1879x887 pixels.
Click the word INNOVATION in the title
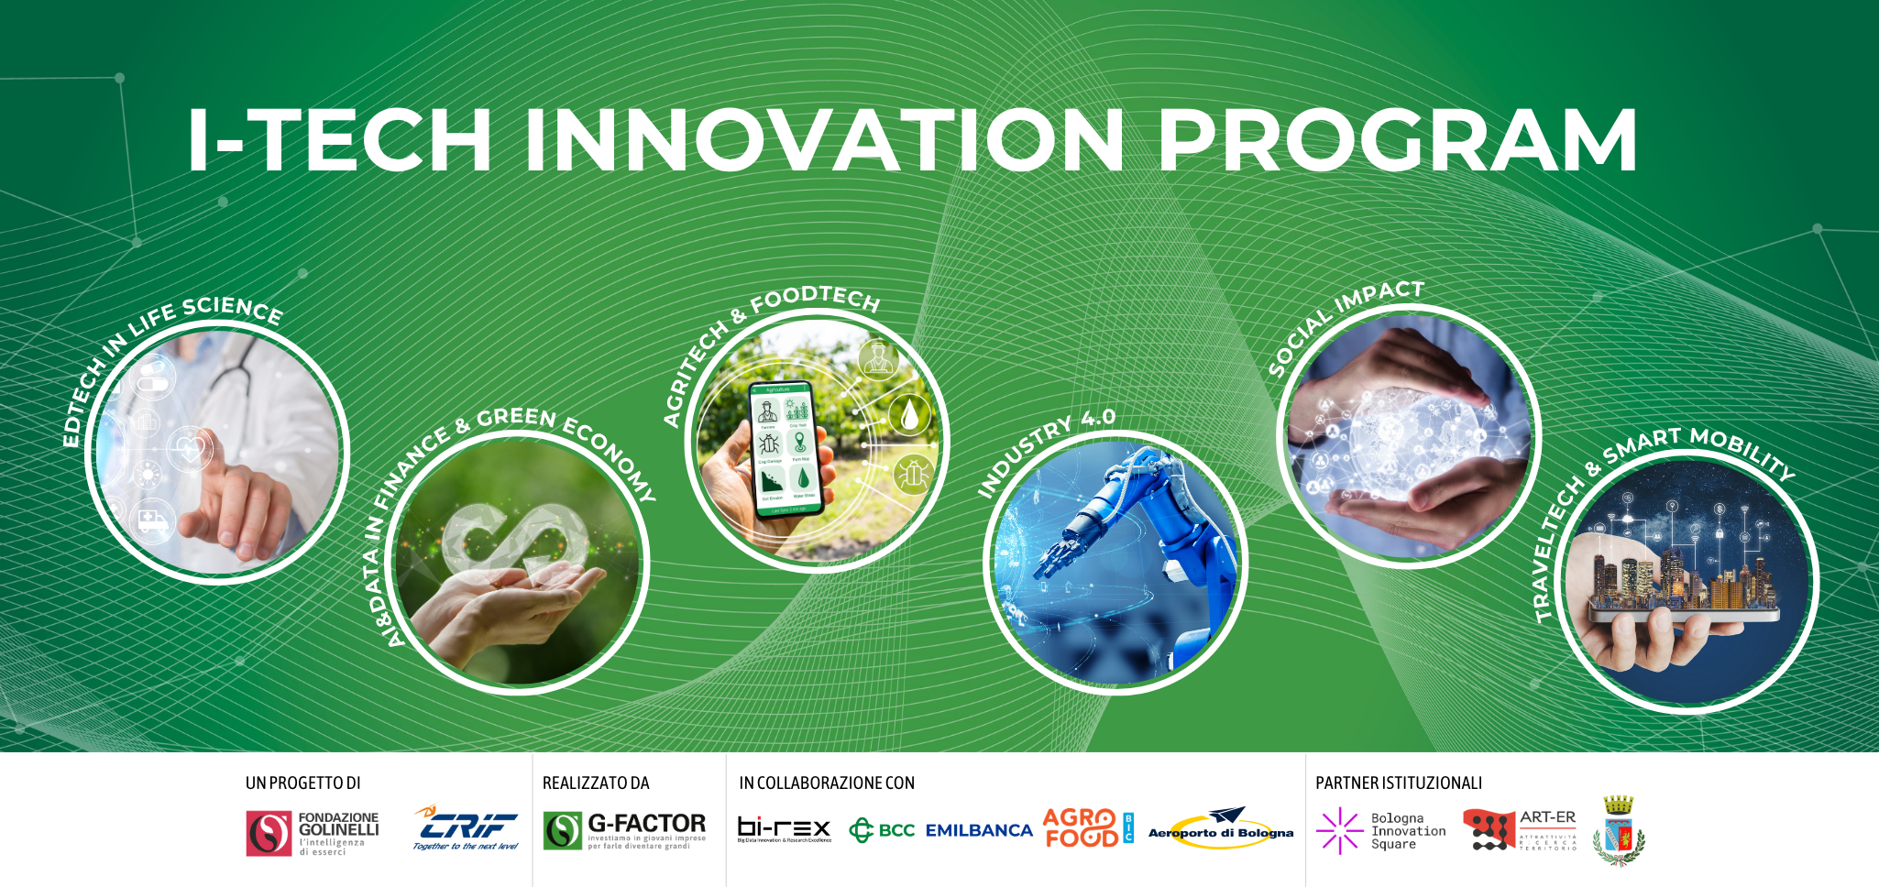(823, 139)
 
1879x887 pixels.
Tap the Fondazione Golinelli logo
(312, 832)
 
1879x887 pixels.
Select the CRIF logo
(466, 827)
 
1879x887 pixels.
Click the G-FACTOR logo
(624, 830)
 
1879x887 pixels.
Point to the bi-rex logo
(784, 829)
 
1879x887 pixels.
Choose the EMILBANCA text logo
(979, 830)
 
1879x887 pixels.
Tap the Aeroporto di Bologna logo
(1221, 829)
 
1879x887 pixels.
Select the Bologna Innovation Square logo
(1380, 830)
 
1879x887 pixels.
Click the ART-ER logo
(1520, 829)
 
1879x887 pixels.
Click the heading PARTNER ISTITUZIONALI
(1398, 783)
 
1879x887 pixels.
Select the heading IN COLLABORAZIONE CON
(827, 783)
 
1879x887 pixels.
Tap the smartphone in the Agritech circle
(784, 449)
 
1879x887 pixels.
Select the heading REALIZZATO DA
(596, 783)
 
